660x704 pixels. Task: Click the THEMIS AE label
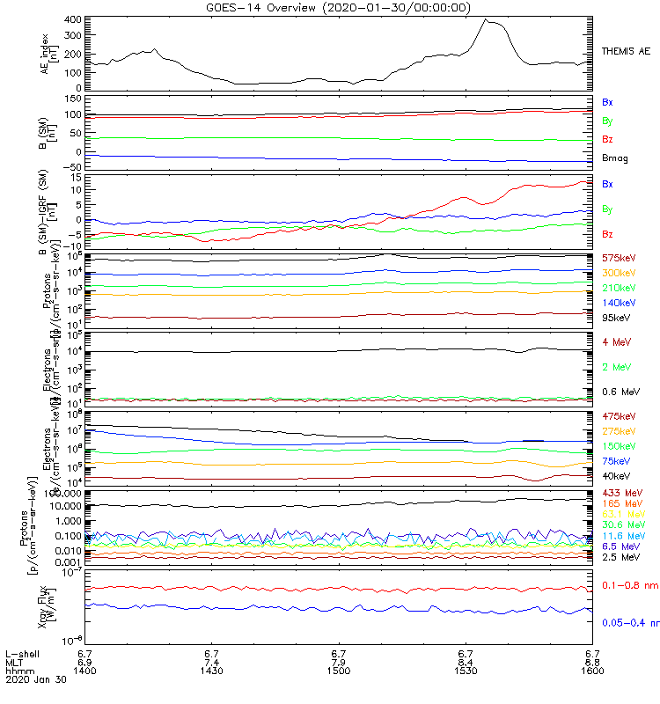click(x=625, y=52)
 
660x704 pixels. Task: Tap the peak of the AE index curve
click(x=486, y=19)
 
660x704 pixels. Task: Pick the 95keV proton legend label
click(x=616, y=319)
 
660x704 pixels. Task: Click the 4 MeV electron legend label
click(x=616, y=341)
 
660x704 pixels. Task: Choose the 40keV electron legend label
click(x=616, y=476)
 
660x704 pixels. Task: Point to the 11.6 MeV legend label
click(x=624, y=535)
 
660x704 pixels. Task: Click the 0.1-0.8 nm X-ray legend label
click(x=630, y=584)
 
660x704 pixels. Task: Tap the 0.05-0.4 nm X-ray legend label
click(x=630, y=622)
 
